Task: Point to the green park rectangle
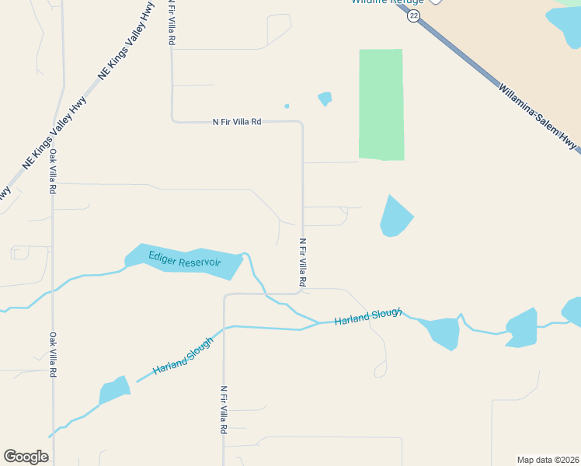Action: (x=381, y=105)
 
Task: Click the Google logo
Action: (x=26, y=457)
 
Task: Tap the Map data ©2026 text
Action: (x=548, y=460)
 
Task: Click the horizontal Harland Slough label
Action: (x=367, y=317)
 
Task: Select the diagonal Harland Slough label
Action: (x=183, y=358)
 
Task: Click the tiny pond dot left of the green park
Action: (x=287, y=106)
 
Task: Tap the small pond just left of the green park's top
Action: (x=325, y=99)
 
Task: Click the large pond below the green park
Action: (x=395, y=217)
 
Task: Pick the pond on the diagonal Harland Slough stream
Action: (x=114, y=391)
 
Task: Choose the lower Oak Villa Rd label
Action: (x=53, y=355)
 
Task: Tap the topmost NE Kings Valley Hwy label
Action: (x=127, y=40)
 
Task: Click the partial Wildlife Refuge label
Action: (x=387, y=2)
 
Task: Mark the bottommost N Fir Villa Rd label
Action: (x=223, y=409)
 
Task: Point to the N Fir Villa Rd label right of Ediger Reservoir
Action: (x=303, y=262)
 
